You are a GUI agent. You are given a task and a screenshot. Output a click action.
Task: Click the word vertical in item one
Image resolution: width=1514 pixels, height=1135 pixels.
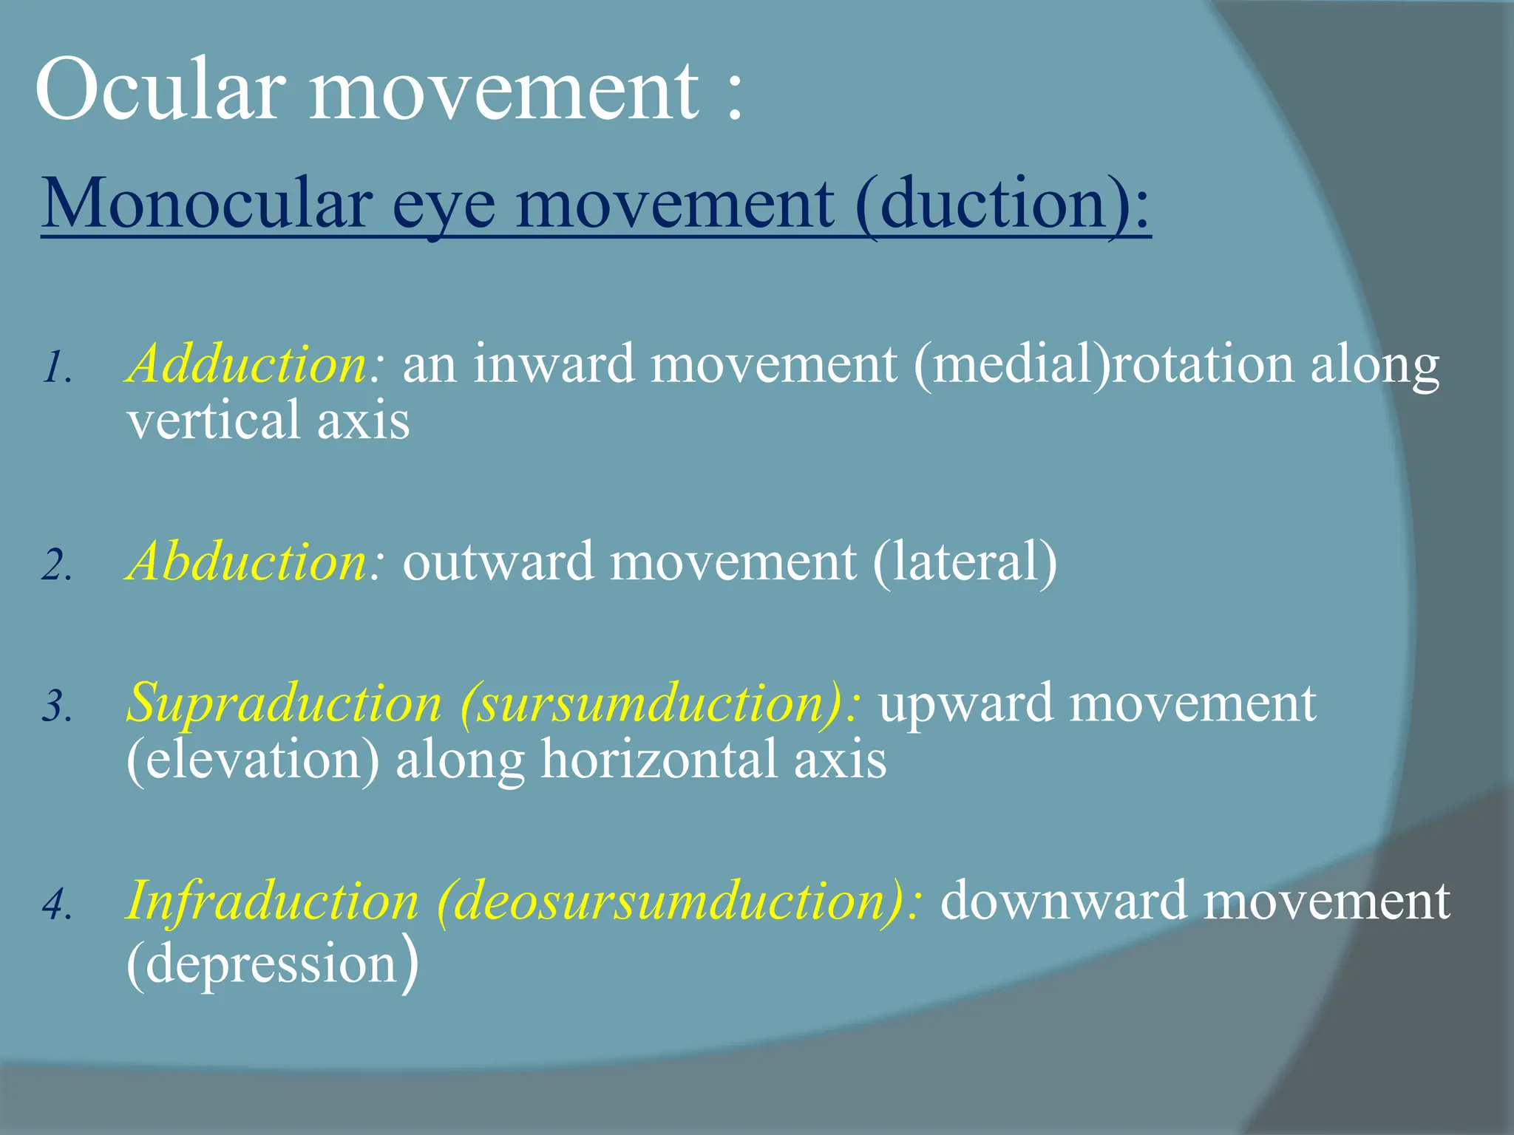click(x=213, y=420)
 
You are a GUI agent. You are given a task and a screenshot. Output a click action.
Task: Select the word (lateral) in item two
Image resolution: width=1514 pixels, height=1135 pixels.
click(x=965, y=562)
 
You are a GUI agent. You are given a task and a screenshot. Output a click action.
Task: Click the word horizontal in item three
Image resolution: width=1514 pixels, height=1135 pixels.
click(x=659, y=760)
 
